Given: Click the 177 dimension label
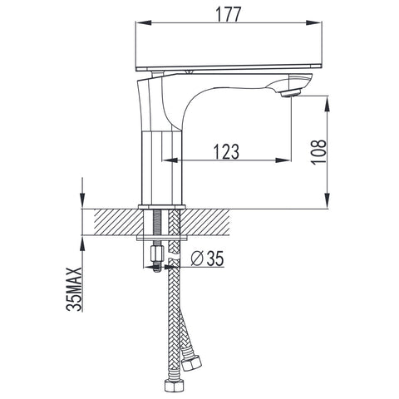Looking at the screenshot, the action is click(x=229, y=14).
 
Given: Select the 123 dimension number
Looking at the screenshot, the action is click(x=226, y=151).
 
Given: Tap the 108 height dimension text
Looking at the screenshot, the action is click(x=318, y=152).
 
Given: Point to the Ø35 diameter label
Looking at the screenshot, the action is click(x=207, y=259).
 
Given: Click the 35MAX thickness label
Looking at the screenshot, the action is click(x=74, y=289).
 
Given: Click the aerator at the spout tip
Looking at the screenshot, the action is click(x=290, y=93).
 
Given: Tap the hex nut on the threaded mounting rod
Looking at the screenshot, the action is click(x=156, y=254).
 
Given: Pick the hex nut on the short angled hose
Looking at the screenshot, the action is click(x=191, y=362).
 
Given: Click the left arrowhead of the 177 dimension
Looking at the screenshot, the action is click(x=144, y=22).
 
